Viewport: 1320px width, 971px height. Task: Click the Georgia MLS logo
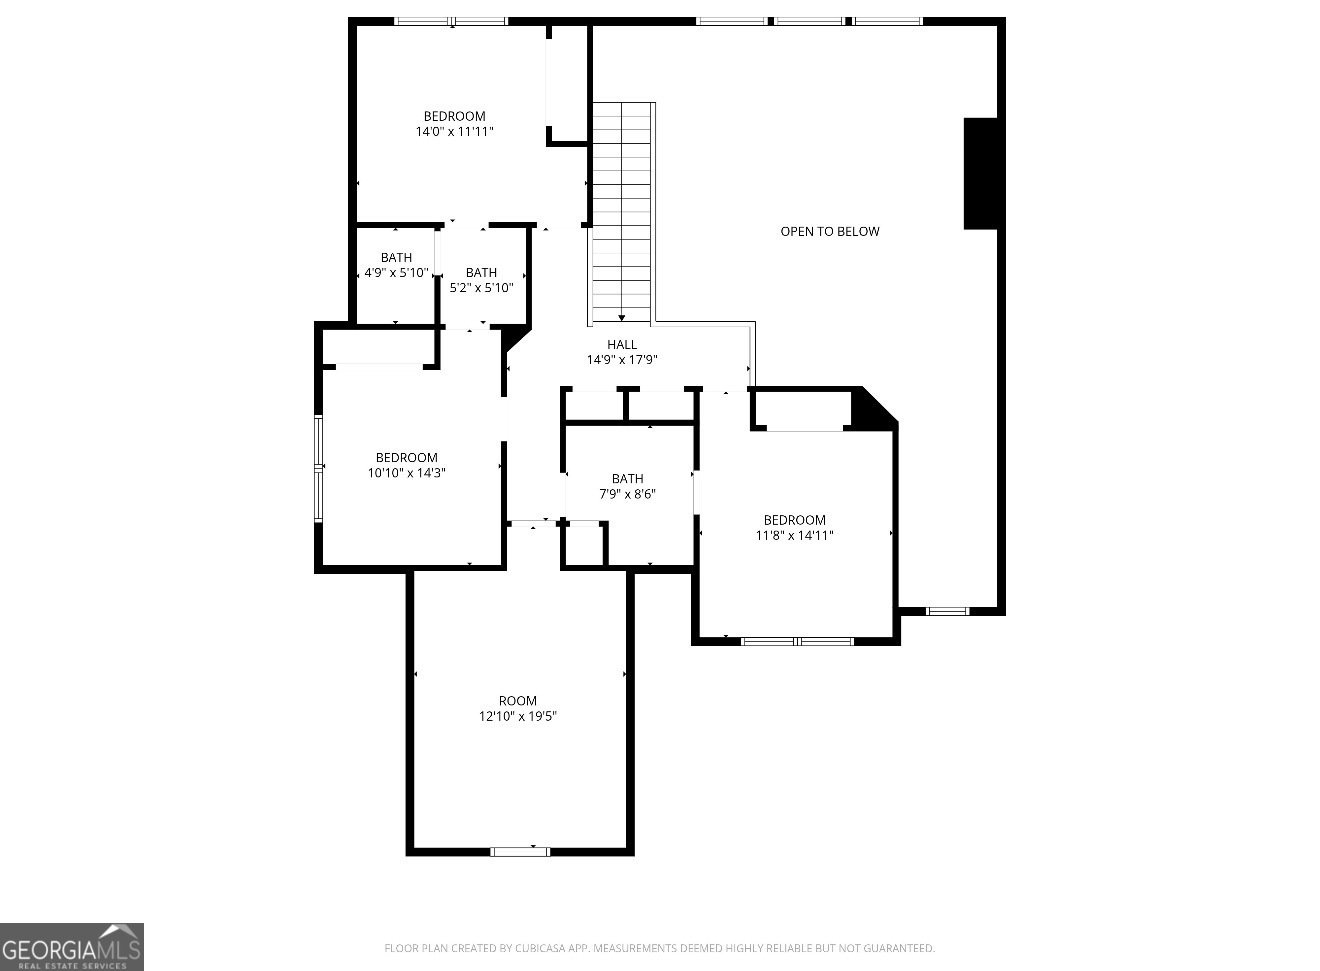(71, 947)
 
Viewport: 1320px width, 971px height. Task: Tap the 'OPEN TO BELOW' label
(830, 232)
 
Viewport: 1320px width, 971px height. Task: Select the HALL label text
(621, 345)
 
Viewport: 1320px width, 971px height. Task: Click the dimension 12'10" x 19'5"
(517, 716)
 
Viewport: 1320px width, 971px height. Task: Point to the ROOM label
(517, 701)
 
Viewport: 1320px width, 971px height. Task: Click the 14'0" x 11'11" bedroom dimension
(454, 131)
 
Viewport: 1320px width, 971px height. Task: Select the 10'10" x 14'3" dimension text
(406, 473)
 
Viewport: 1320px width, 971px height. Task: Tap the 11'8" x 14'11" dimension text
(794, 535)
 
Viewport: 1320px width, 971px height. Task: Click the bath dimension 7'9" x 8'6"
(627, 494)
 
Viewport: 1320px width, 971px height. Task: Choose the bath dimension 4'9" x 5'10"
(396, 272)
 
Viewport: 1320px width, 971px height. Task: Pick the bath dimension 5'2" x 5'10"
(481, 287)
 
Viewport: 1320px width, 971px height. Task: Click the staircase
(622, 210)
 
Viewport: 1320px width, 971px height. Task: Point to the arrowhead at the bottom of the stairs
(622, 318)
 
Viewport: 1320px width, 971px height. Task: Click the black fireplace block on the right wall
(980, 174)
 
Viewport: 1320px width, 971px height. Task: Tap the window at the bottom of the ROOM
(520, 852)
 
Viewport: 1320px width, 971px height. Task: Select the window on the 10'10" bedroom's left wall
(319, 468)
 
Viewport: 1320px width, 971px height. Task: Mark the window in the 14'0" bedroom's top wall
(450, 21)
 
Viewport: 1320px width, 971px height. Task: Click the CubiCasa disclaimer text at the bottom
(660, 948)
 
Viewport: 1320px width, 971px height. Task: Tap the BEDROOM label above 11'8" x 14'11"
(794, 520)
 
